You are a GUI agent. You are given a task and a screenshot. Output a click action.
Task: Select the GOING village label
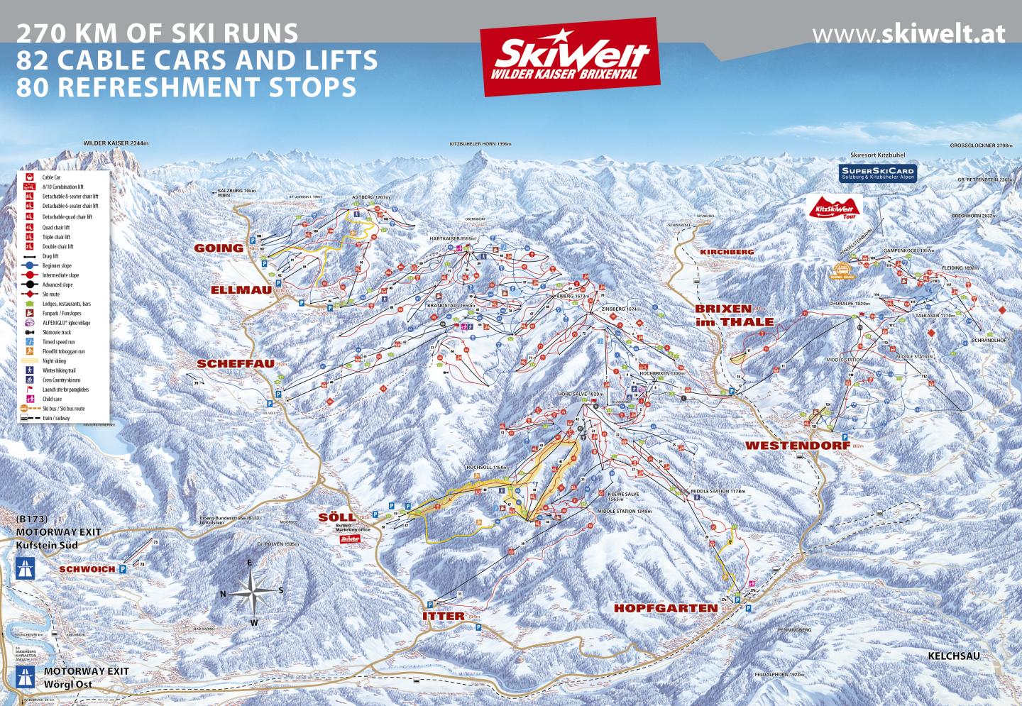(x=219, y=248)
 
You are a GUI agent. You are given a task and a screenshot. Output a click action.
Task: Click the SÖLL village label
(x=337, y=517)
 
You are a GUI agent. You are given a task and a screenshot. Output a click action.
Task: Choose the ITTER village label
(x=443, y=616)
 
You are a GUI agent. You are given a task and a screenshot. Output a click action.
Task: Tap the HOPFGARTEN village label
(x=666, y=608)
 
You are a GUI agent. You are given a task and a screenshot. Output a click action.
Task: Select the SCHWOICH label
(x=87, y=569)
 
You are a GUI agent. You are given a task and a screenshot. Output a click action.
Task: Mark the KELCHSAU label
(x=953, y=656)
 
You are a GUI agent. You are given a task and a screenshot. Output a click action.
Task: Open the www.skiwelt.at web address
(x=908, y=33)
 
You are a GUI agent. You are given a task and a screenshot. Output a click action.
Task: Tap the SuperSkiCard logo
(x=877, y=172)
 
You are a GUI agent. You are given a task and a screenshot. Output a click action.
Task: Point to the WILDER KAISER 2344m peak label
(x=116, y=143)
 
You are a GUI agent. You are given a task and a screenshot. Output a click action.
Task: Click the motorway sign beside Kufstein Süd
(x=26, y=568)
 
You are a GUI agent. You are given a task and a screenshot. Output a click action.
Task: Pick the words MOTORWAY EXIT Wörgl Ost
(x=76, y=678)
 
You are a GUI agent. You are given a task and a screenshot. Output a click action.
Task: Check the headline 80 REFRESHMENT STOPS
(x=186, y=87)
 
